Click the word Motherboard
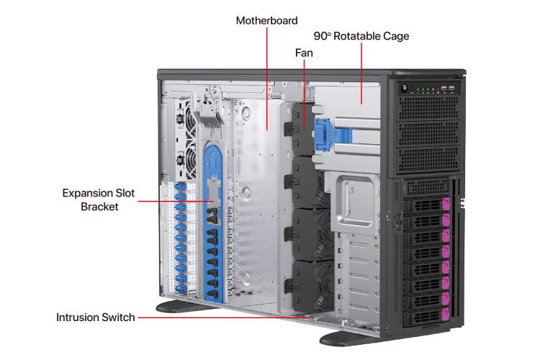pos(266,21)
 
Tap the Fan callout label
pos(304,53)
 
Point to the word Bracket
pos(99,207)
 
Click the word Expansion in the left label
pos(87,193)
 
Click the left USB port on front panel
pos(444,88)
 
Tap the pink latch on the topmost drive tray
pos(446,204)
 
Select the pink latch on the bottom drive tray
pos(446,314)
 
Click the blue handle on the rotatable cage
pos(325,135)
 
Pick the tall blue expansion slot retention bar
pos(213,223)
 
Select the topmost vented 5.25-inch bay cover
pos(429,108)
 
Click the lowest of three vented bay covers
pos(429,160)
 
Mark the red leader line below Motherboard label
pos(267,79)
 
